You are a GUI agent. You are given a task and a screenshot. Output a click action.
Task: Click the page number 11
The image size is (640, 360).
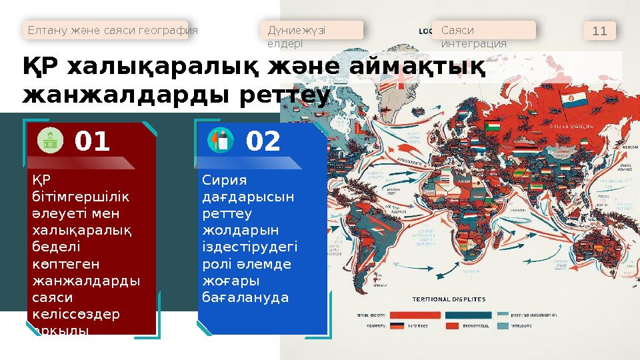click(x=599, y=31)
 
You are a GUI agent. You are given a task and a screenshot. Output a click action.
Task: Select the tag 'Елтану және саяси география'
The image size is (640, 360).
click(x=112, y=30)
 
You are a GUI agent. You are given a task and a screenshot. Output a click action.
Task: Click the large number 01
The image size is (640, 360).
click(x=92, y=141)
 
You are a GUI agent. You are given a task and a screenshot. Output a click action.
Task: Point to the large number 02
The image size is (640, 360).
click(x=264, y=141)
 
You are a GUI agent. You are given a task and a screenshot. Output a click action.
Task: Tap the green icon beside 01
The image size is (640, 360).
click(x=49, y=140)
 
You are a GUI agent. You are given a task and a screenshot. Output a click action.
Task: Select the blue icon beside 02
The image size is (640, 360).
click(x=221, y=140)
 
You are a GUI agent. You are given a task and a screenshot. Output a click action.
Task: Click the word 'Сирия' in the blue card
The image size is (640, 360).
click(x=224, y=181)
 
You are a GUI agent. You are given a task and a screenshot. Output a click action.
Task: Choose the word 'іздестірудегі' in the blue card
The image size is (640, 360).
click(x=249, y=247)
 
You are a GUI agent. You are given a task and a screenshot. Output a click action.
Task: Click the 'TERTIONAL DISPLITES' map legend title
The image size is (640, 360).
click(x=449, y=299)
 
